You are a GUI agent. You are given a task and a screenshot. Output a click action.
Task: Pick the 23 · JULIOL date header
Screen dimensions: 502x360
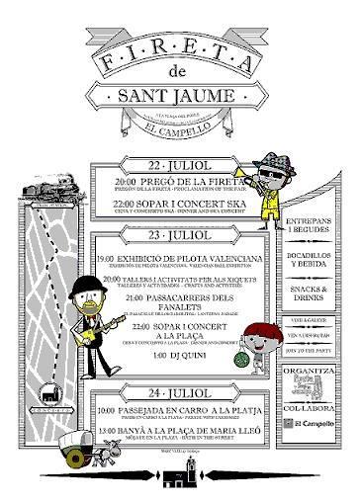click(179, 238)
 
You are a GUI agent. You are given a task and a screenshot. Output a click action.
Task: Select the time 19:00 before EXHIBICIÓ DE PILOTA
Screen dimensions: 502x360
click(106, 260)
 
